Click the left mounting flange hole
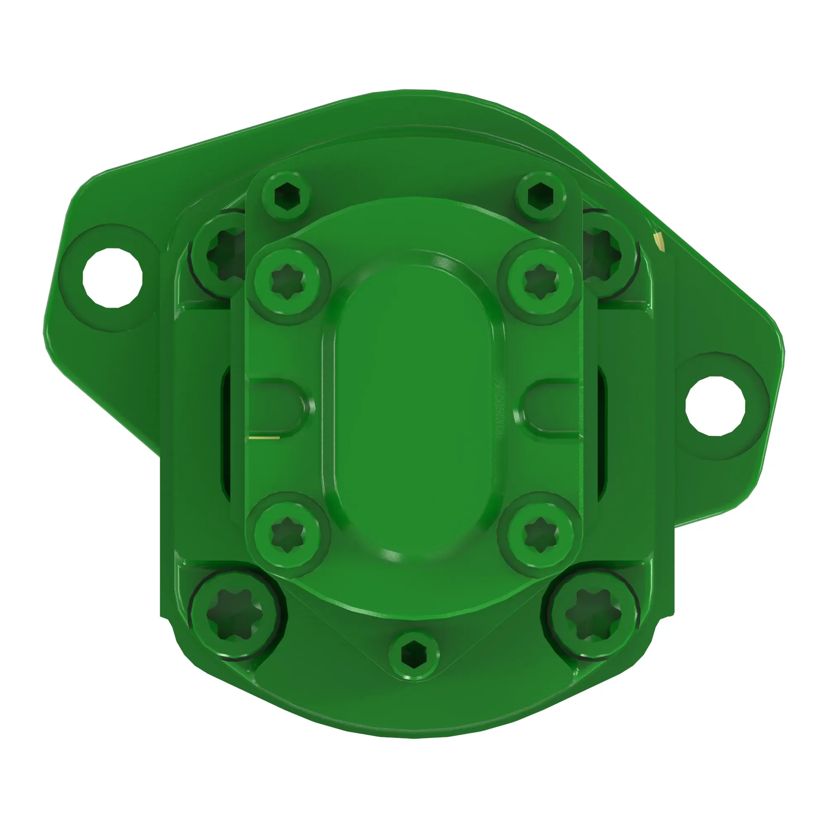pos(112,278)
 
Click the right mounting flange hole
pos(715,406)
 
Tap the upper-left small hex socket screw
pos(287,196)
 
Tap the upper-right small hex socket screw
pos(540,196)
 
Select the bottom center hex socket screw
pos(414,655)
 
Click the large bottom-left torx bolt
pos(235,614)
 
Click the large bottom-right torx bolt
pos(594,614)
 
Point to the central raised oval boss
pos(414,407)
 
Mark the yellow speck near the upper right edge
pos(659,241)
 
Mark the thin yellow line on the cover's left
pos(264,438)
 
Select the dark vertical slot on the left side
pos(226,433)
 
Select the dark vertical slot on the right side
pos(602,433)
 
